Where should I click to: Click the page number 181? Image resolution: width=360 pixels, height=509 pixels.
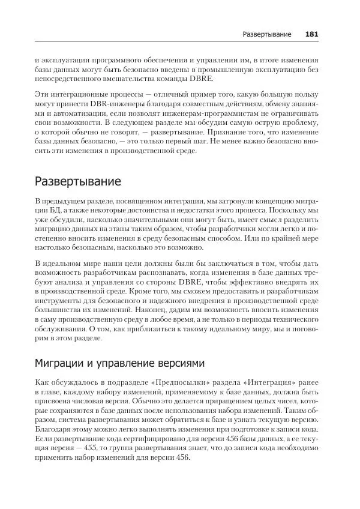(x=311, y=35)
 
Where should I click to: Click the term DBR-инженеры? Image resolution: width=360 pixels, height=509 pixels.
(x=91, y=104)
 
